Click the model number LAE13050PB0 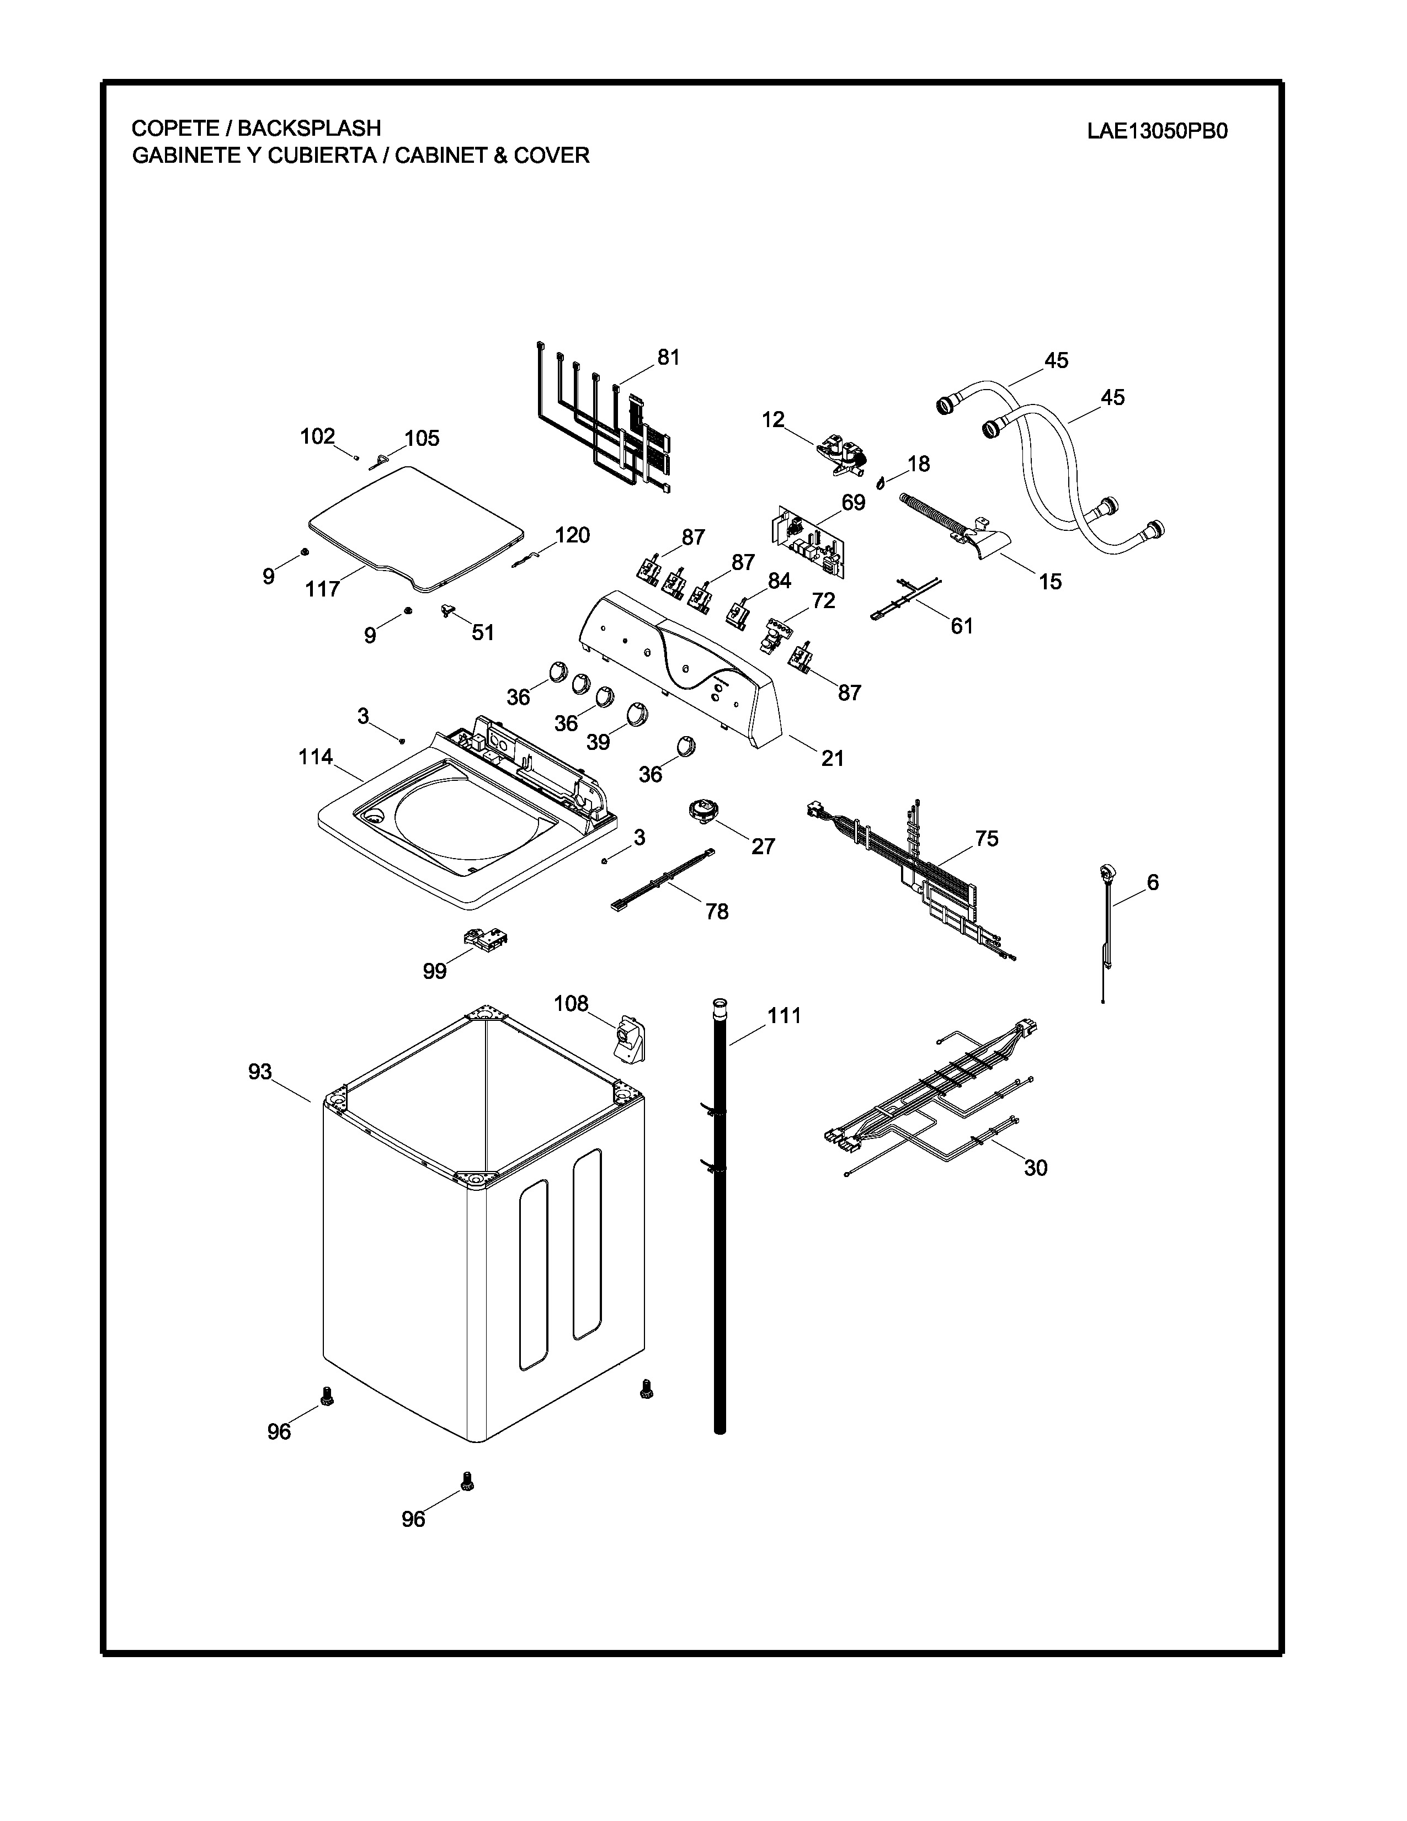1157,132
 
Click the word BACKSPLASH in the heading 309,129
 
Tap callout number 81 669,357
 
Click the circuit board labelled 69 807,542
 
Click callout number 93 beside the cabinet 260,1072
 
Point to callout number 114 316,757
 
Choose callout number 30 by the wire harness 1035,1168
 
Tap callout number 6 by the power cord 1153,882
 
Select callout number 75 987,839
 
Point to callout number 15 1050,582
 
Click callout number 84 779,581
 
